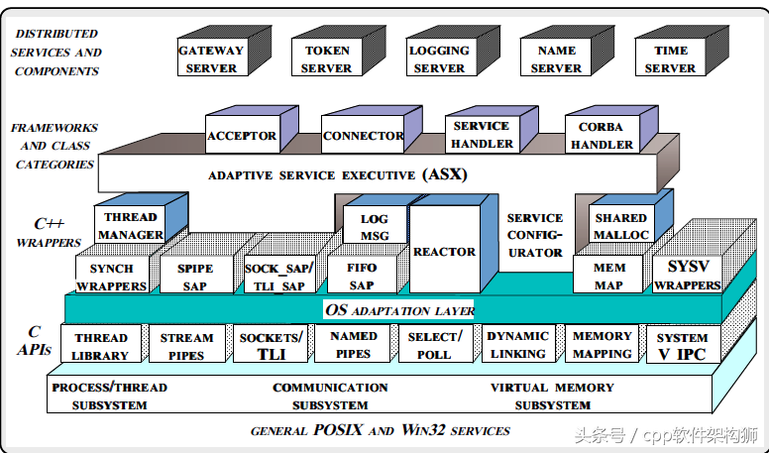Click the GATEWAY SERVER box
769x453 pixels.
tap(211, 59)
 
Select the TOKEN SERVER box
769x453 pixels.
tap(326, 59)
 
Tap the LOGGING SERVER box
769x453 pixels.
tap(439, 59)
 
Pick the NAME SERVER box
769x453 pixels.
tap(556, 59)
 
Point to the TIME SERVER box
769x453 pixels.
tap(671, 59)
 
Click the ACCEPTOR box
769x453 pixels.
tap(241, 136)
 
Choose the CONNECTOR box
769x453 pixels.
tap(363, 136)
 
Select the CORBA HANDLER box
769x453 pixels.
tap(601, 136)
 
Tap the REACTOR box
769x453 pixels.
tap(444, 252)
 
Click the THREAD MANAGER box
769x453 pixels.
tap(130, 226)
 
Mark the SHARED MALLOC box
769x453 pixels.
tap(621, 226)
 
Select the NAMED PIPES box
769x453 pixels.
tap(354, 344)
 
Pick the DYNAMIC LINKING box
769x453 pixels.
tap(517, 345)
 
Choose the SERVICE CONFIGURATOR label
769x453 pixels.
tap(535, 235)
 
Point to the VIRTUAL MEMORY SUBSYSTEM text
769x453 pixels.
tap(553, 396)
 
